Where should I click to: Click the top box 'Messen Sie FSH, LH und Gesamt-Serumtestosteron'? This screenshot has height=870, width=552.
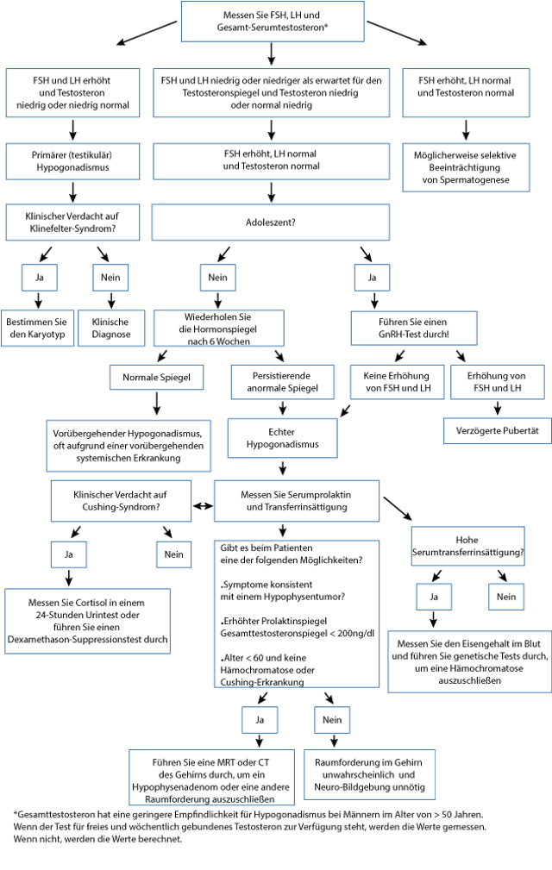[x=272, y=21]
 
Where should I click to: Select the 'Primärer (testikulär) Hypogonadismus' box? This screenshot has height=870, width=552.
[x=73, y=161]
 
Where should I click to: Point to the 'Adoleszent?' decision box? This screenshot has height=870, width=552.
[x=272, y=222]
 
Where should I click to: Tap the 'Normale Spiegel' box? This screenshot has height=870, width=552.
[x=156, y=377]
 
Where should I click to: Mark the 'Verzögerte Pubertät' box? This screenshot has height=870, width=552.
[x=498, y=429]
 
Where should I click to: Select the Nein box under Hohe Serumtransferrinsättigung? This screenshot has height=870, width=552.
[x=505, y=596]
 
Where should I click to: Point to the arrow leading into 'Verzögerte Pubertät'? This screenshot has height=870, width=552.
[x=498, y=406]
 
